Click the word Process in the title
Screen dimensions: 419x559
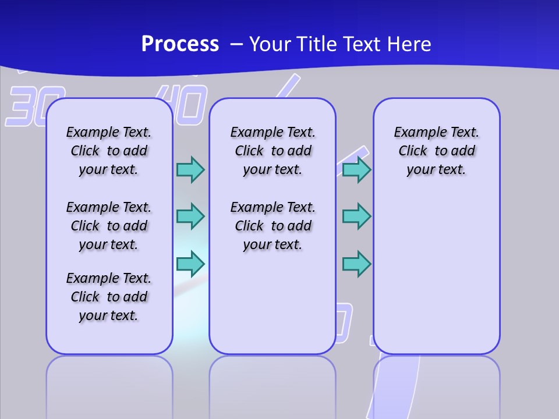[180, 44]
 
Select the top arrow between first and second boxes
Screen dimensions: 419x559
[190, 169]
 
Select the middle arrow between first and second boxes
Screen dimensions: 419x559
[190, 216]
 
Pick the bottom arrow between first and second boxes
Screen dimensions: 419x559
[190, 264]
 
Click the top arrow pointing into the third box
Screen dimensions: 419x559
[356, 169]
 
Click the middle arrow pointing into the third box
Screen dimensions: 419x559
[356, 216]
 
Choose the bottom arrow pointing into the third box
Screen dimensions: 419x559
[356, 264]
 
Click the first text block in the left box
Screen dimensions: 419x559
[108, 151]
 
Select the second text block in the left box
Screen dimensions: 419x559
[108, 226]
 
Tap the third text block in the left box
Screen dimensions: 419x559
[108, 297]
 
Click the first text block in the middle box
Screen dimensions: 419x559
[273, 151]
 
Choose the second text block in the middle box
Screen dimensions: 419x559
[273, 226]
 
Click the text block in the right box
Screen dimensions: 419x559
[436, 151]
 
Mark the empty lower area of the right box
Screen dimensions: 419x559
[436, 274]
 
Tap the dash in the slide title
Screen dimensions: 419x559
[237, 45]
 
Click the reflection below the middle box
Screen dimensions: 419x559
[273, 384]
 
